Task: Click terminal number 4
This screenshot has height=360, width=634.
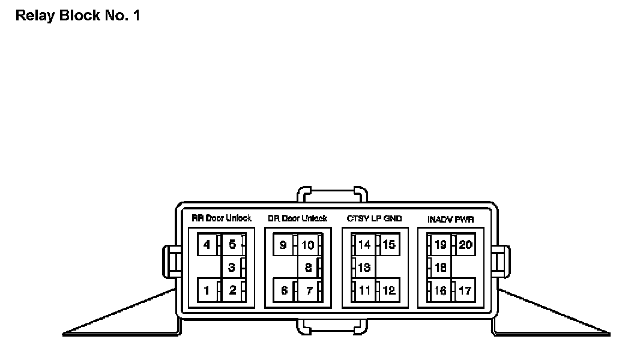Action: (x=207, y=245)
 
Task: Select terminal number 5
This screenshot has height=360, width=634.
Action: (x=232, y=245)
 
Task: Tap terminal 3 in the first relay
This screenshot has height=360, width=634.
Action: (x=232, y=268)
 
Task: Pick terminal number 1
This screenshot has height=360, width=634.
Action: (x=207, y=291)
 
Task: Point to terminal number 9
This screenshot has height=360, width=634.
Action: (x=283, y=245)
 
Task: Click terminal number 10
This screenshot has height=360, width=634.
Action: (x=307, y=245)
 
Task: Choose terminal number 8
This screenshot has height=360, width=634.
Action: (x=307, y=268)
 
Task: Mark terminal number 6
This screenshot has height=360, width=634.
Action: (x=284, y=291)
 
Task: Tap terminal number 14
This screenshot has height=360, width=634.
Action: (x=364, y=245)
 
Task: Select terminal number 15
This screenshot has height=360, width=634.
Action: (x=389, y=245)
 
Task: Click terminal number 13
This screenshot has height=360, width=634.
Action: (x=364, y=268)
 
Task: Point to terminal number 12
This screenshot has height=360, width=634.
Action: (x=389, y=291)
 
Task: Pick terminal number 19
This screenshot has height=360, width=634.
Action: (x=440, y=245)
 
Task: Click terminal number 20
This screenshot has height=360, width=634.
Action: (x=465, y=245)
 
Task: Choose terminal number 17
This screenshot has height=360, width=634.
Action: (x=464, y=291)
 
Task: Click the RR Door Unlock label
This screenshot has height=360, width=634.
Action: (x=221, y=218)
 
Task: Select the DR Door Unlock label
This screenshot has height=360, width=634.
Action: (x=297, y=218)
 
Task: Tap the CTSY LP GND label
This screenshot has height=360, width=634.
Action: (x=374, y=218)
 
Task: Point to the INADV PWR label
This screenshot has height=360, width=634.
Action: (x=450, y=220)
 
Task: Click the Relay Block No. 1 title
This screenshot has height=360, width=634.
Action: (x=77, y=16)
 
